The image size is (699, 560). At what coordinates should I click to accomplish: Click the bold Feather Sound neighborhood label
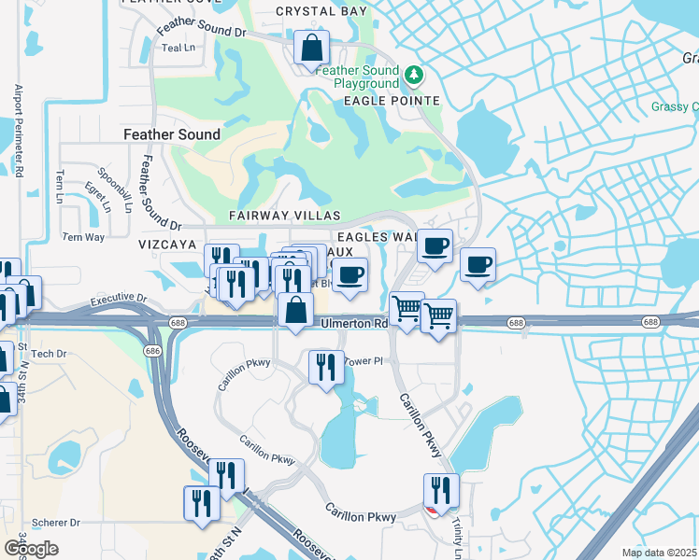[172, 134]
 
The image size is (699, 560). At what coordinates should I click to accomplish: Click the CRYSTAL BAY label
[320, 12]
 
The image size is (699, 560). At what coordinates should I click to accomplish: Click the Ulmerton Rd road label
[354, 324]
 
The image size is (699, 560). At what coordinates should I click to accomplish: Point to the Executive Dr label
[119, 301]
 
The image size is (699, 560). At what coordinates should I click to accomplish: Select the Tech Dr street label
[49, 355]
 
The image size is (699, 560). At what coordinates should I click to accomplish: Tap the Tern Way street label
[82, 237]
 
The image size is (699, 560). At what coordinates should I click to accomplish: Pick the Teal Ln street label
[178, 48]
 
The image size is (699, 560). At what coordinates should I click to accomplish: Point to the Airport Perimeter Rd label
[18, 131]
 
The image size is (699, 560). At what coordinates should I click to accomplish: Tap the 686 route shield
[151, 350]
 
